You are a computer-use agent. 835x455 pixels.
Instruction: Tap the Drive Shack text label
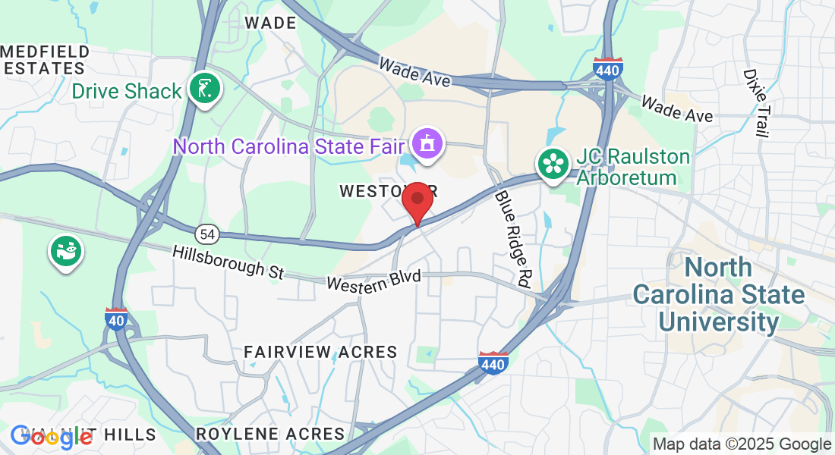coord(127,92)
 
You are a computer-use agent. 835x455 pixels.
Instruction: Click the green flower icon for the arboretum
coord(554,163)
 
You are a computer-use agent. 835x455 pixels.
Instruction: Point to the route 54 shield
coord(207,234)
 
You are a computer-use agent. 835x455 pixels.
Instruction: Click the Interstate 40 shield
coord(116,318)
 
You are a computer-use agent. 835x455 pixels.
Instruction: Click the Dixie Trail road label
coord(756,103)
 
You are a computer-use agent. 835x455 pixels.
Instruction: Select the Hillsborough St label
coord(228,262)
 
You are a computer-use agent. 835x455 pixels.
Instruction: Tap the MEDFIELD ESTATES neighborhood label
coord(46,60)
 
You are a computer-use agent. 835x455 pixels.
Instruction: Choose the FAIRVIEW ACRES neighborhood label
coord(320,352)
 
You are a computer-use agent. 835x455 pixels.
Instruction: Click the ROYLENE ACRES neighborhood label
coord(270,434)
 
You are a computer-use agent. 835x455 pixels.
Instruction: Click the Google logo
coord(52,436)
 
